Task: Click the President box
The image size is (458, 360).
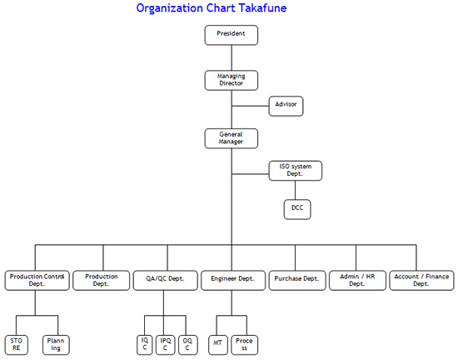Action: pyautogui.click(x=231, y=35)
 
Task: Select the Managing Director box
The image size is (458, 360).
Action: pyautogui.click(x=231, y=80)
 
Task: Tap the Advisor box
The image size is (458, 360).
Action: pyautogui.click(x=286, y=106)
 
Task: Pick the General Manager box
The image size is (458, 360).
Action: pyautogui.click(x=231, y=138)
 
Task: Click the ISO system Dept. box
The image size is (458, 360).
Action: pyautogui.click(x=296, y=171)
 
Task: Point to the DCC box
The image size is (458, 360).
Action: pyautogui.click(x=297, y=209)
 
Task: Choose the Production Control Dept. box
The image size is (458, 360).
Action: pyautogui.click(x=37, y=280)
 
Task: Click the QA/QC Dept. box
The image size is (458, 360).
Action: pyautogui.click(x=166, y=280)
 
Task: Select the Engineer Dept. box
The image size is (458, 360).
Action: pyautogui.click(x=233, y=280)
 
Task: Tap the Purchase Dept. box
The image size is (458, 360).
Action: pyautogui.click(x=297, y=280)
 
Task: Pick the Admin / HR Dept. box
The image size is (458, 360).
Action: pyautogui.click(x=357, y=280)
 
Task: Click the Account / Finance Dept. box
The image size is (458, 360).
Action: pyautogui.click(x=422, y=280)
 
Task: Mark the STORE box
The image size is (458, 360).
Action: pyautogui.click(x=17, y=345)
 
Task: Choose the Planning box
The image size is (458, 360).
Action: pyautogui.click(x=56, y=345)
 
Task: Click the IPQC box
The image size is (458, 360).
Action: pyautogui.click(x=166, y=345)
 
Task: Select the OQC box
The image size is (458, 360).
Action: pyautogui.click(x=188, y=345)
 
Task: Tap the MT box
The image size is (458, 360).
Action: pyautogui.click(x=218, y=345)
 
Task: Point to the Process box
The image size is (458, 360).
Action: pyautogui.click(x=245, y=345)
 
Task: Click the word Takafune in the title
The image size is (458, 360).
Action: pyautogui.click(x=263, y=7)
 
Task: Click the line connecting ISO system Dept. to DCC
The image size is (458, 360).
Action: pyautogui.click(x=295, y=190)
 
